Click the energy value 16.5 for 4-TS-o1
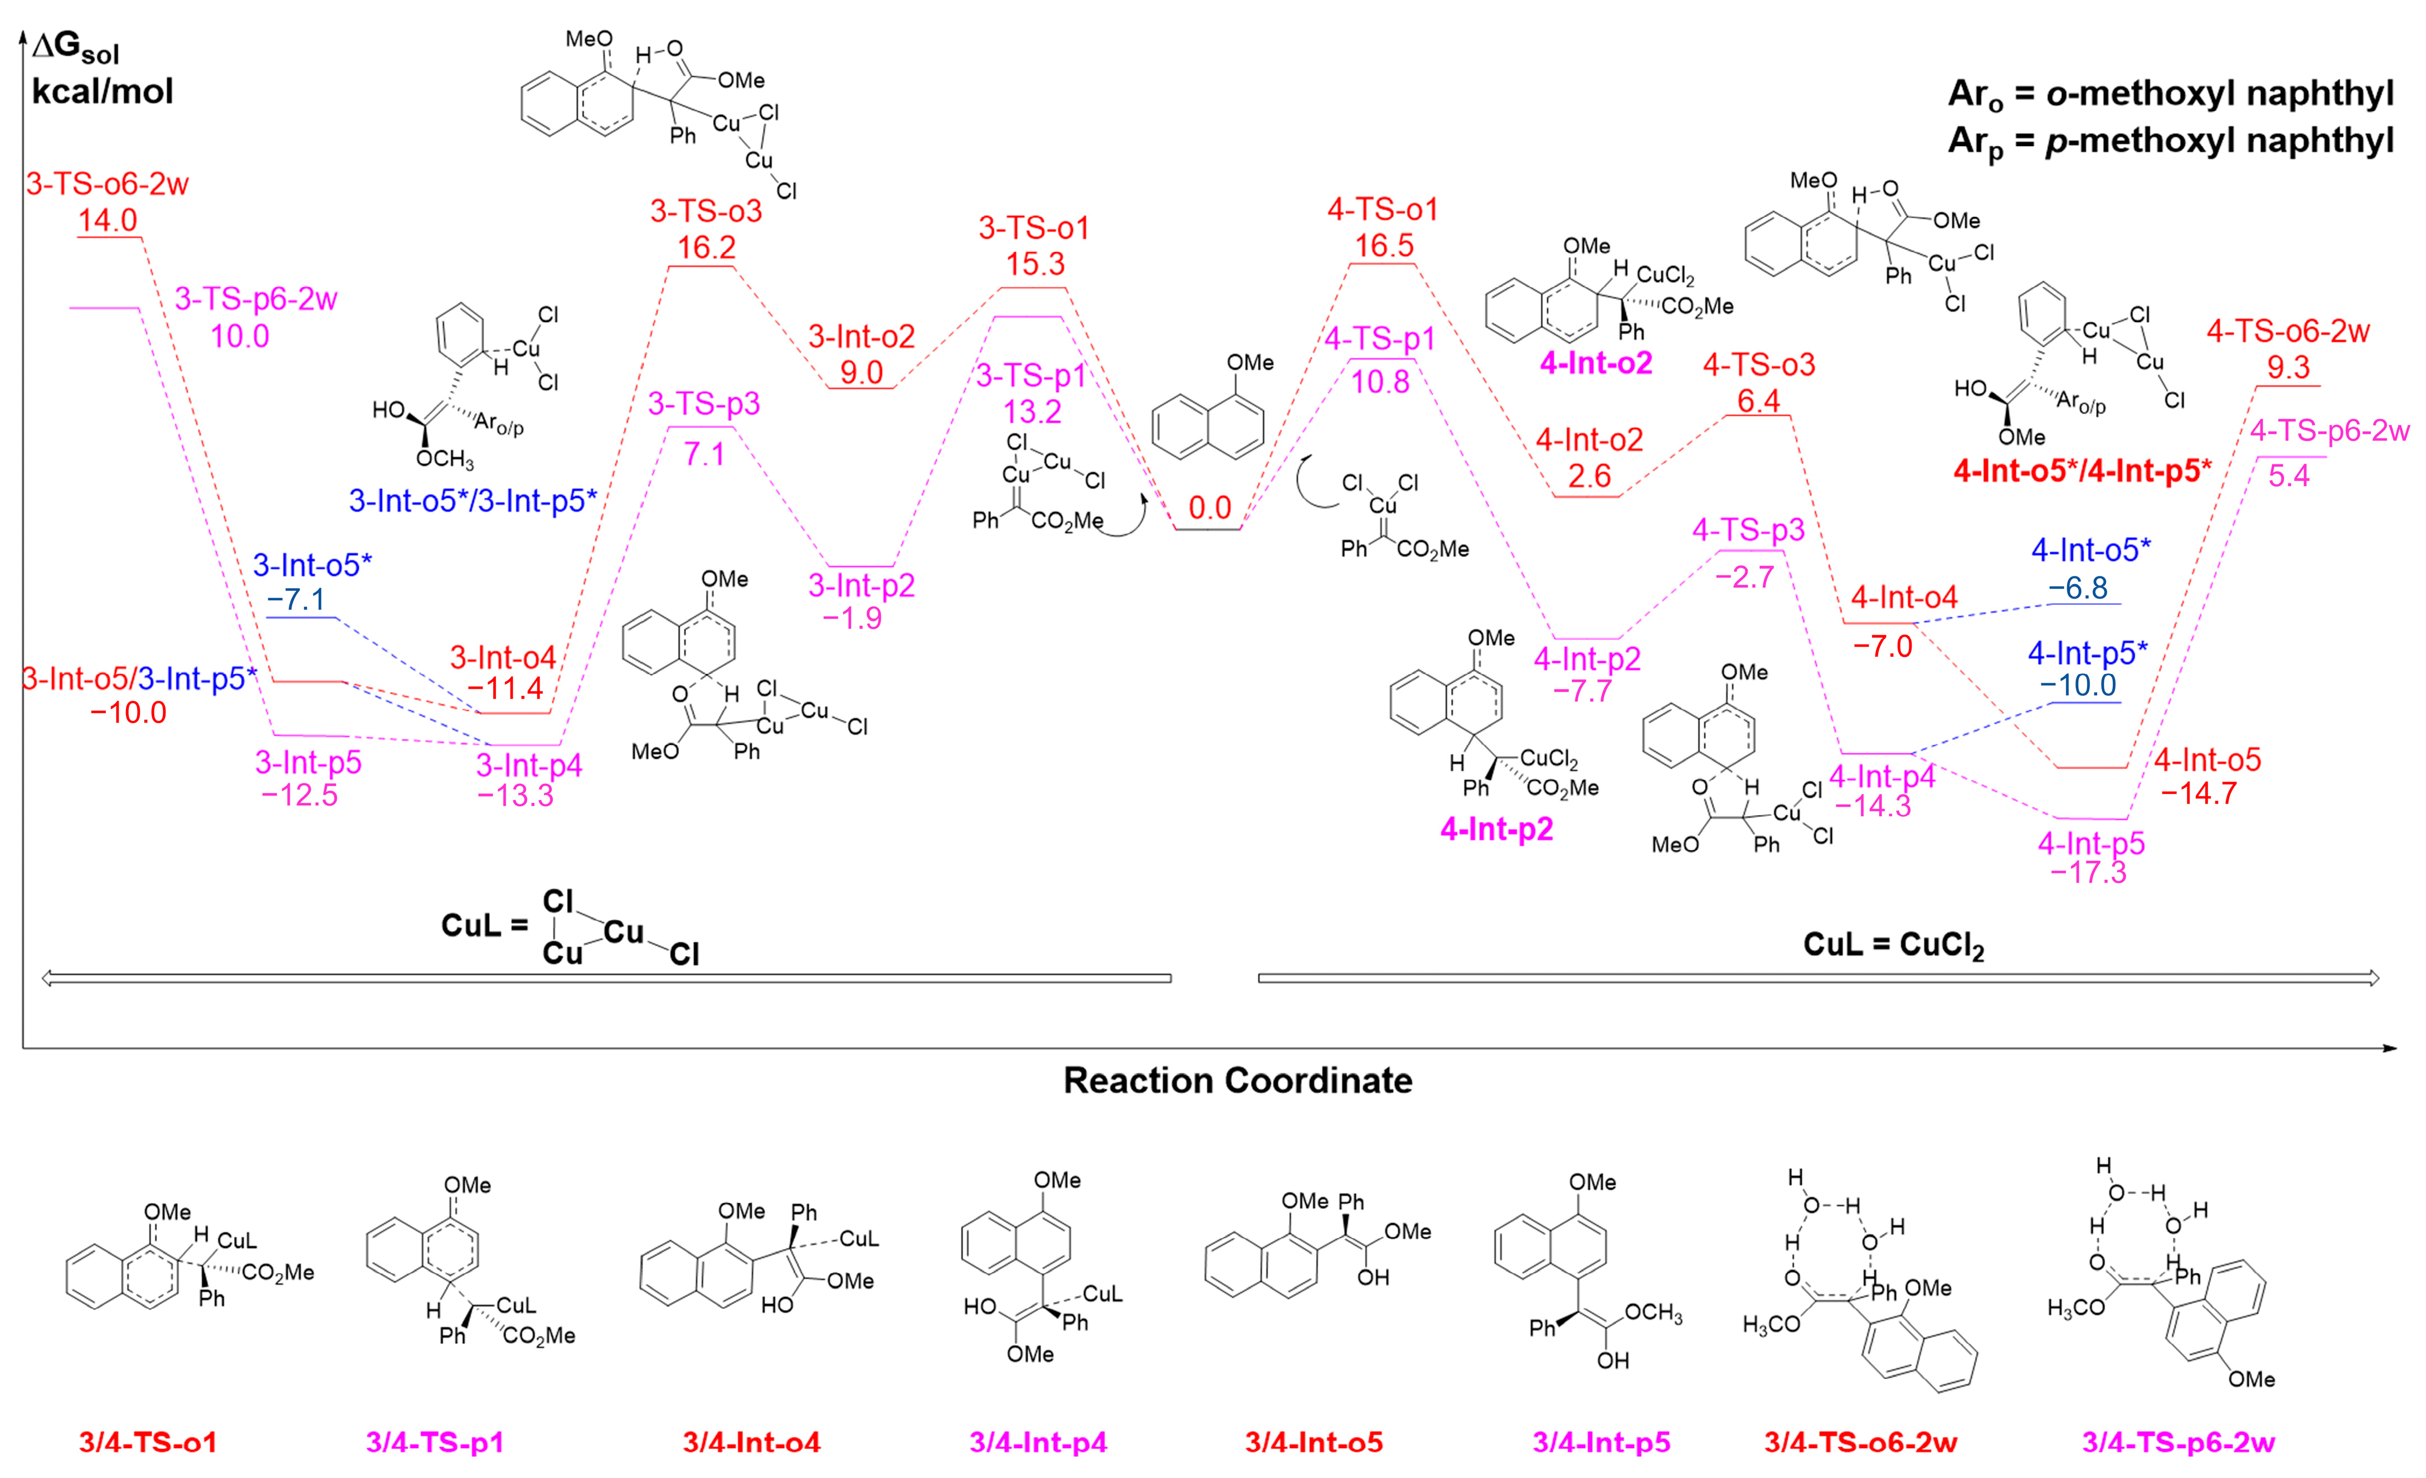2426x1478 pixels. coord(1383,245)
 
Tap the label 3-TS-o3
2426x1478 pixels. coord(706,211)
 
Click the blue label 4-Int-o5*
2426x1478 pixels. coord(2090,550)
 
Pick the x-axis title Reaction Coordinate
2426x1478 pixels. coord(1238,1080)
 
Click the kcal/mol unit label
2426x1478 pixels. coord(103,91)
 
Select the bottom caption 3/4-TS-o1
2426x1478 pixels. coord(148,1442)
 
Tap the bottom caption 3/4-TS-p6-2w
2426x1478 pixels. coord(2178,1442)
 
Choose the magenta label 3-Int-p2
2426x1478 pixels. coord(862,586)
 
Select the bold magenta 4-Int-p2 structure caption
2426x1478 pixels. coord(1496,829)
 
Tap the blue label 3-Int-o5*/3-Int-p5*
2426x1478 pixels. coord(473,501)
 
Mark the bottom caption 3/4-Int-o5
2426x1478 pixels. coord(1314,1442)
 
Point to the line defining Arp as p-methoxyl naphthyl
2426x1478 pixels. coord(2170,141)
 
